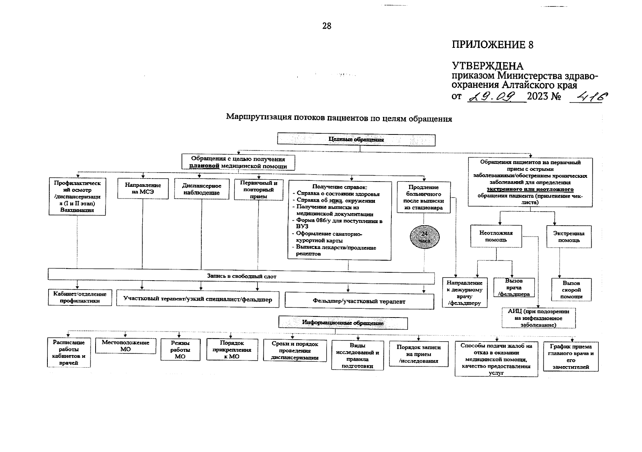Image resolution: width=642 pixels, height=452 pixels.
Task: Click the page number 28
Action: click(327, 26)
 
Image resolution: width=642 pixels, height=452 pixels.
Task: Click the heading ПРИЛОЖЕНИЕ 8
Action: click(492, 45)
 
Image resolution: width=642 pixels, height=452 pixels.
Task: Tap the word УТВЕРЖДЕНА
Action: click(487, 66)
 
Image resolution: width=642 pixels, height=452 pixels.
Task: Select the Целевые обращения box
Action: click(356, 139)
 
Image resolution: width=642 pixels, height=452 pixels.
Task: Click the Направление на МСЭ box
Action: click(143, 188)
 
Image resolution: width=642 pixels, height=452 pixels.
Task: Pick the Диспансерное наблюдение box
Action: click(202, 189)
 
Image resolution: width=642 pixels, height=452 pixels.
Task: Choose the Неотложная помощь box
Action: click(496, 236)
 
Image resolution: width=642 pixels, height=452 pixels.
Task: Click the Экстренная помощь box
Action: click(569, 237)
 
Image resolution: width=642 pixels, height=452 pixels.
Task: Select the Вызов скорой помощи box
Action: click(571, 290)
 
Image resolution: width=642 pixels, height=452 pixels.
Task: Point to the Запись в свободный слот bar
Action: click(241, 276)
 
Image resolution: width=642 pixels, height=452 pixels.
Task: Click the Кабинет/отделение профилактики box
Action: click(80, 298)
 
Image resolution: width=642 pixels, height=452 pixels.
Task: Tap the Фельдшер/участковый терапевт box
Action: click(359, 301)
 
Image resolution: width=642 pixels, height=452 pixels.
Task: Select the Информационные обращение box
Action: click(343, 323)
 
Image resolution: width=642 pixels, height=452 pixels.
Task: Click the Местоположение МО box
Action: click(125, 346)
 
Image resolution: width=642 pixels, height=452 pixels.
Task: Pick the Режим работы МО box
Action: click(180, 350)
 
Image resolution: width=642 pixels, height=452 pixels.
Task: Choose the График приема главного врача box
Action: click(571, 356)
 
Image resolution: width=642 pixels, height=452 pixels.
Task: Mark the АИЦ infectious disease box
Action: click(539, 318)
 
